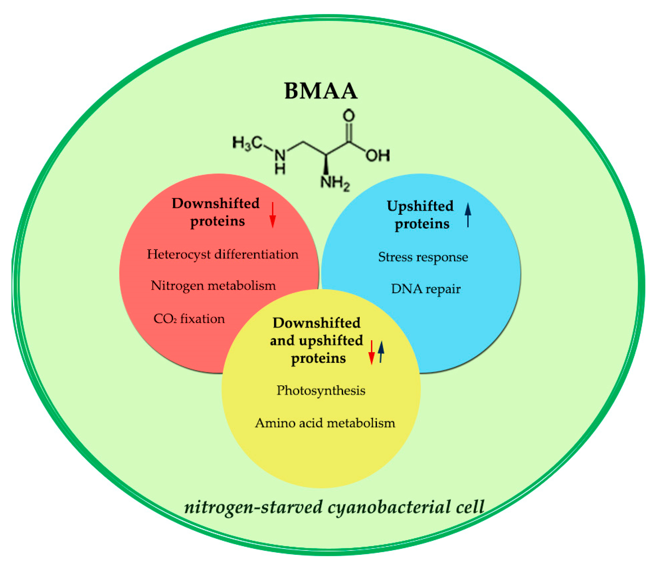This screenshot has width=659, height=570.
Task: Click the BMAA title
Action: click(321, 91)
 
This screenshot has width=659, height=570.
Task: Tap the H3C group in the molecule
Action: click(248, 143)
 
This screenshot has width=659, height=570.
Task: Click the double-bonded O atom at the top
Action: click(349, 116)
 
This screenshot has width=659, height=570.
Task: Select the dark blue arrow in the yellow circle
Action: click(381, 352)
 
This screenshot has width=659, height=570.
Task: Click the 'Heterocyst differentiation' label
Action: click(223, 254)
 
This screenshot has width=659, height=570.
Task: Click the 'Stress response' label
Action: click(423, 257)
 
